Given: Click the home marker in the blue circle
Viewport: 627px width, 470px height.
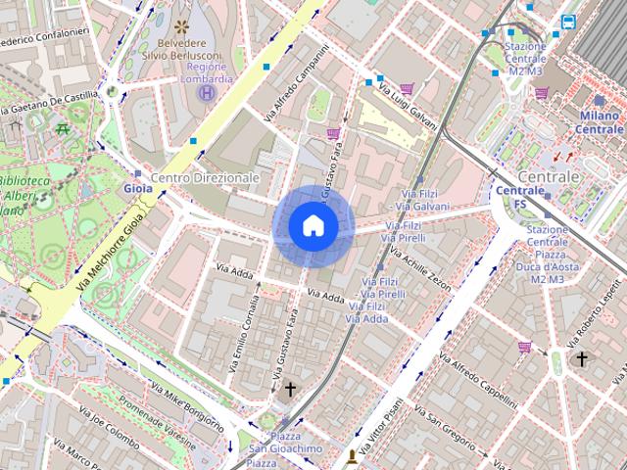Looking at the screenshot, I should click(313, 226).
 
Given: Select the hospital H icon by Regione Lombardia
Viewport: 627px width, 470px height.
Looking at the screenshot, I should click(207, 93).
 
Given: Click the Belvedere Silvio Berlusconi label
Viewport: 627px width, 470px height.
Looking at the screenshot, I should click(183, 49).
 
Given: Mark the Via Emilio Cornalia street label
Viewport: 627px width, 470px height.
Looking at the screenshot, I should click(244, 333).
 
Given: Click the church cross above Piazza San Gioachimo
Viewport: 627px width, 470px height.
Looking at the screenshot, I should click(289, 390).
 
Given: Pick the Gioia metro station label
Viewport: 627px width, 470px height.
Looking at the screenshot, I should click(138, 188).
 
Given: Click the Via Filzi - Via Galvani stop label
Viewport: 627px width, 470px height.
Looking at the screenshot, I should click(419, 201).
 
